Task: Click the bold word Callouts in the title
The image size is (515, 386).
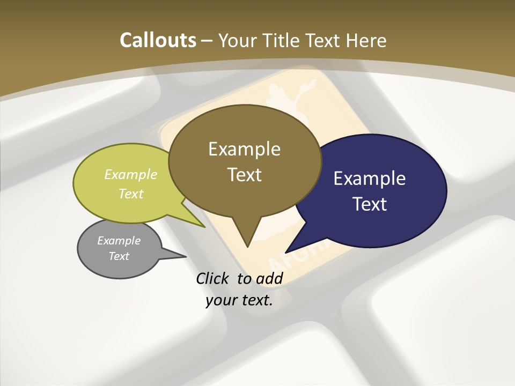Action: (x=158, y=40)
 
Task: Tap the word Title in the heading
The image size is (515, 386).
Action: (x=284, y=40)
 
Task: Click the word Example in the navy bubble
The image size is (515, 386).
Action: (x=370, y=179)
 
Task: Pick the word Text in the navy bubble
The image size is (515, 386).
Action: (x=370, y=204)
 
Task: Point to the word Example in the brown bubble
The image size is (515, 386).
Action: (x=244, y=149)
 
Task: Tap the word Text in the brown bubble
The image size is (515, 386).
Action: (x=245, y=175)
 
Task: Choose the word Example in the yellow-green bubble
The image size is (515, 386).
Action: (x=131, y=174)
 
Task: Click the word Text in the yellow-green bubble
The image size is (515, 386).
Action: (x=131, y=194)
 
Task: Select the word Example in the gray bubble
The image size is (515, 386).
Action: (x=119, y=241)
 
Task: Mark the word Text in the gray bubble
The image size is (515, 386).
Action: (x=119, y=256)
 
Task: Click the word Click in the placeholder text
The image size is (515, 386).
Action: (x=213, y=278)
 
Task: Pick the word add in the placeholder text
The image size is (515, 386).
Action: (x=269, y=278)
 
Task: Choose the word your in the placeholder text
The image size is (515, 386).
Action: (x=219, y=300)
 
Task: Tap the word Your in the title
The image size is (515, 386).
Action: (x=237, y=40)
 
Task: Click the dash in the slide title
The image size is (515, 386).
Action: (x=207, y=41)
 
